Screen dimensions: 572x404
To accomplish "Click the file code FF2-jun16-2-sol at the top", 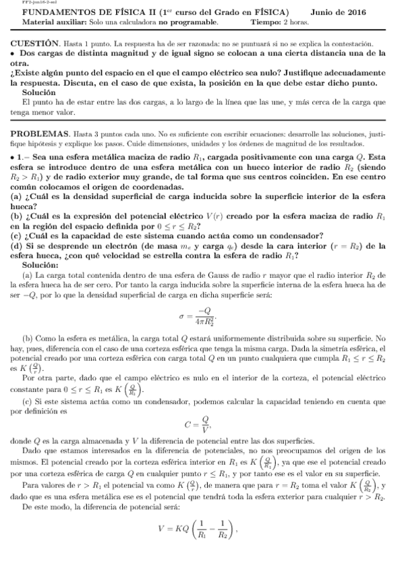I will coord(26,3).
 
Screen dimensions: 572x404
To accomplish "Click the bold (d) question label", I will coord(17,246).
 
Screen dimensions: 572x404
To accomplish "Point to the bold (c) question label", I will coord(17,237).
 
